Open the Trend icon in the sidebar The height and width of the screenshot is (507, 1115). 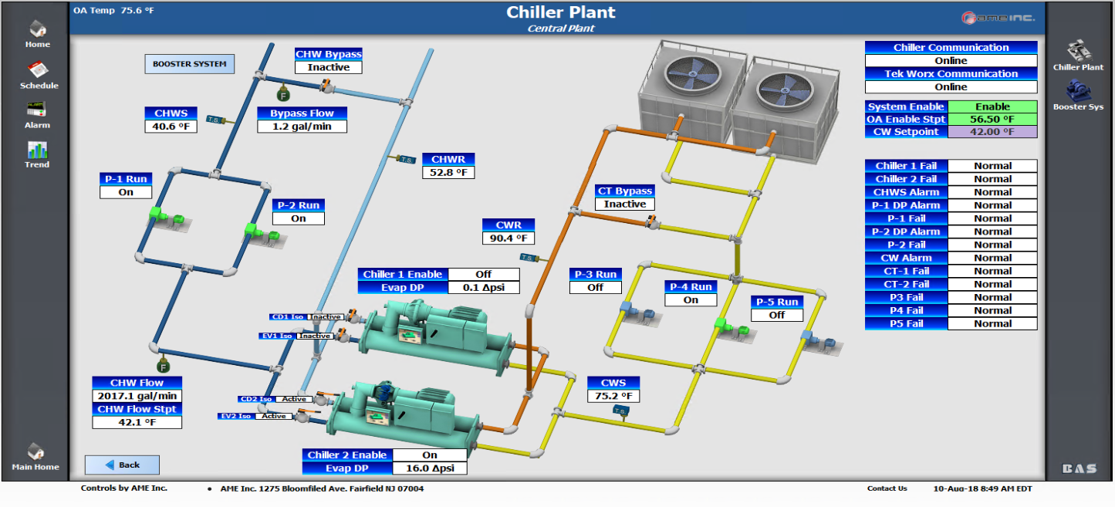37,150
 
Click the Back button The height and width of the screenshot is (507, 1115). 122,465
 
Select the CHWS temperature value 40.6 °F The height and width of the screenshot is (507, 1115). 171,127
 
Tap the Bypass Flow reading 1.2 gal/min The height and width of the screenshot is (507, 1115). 302,127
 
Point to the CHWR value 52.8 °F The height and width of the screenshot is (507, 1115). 448,172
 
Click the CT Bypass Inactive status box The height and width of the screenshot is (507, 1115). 624,204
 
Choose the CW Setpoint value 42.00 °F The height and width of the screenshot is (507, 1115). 992,132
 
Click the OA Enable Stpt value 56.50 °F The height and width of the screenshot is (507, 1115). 992,120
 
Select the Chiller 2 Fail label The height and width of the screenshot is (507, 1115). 906,179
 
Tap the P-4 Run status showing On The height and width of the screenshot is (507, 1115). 691,300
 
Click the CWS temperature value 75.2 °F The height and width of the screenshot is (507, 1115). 613,397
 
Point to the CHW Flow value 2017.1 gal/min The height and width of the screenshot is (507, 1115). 137,396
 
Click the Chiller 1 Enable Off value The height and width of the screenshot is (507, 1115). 484,275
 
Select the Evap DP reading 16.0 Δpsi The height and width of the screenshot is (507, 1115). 430,468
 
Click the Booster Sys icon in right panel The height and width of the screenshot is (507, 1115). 1078,92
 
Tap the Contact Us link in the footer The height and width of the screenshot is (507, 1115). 887,488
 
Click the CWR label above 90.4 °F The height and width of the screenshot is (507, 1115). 509,225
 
